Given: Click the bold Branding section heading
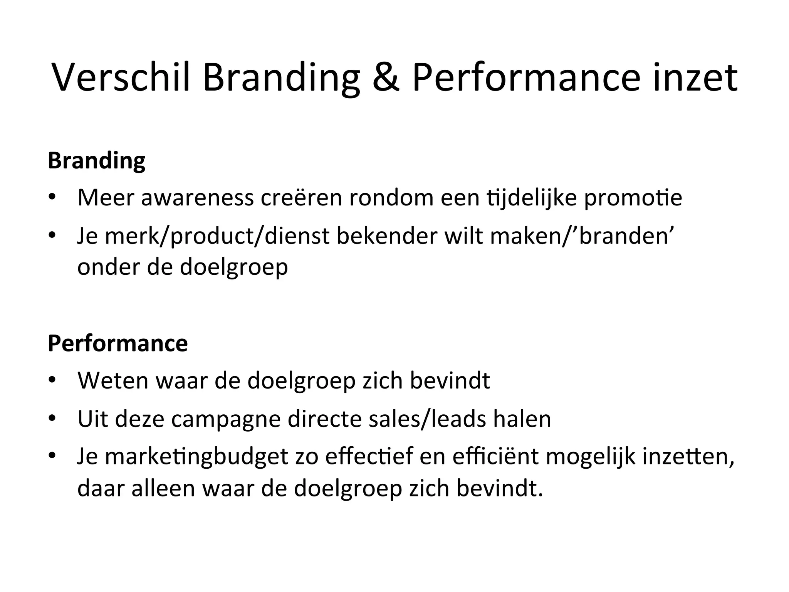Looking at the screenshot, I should (97, 161).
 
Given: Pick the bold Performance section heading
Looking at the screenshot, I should (118, 343).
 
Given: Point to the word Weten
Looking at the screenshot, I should (112, 380).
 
